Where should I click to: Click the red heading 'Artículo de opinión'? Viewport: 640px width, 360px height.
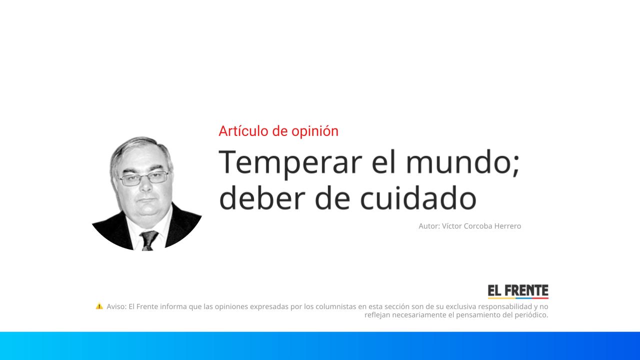[278, 131]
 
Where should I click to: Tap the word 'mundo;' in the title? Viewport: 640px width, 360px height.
[462, 162]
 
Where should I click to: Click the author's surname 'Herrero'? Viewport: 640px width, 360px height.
[507, 226]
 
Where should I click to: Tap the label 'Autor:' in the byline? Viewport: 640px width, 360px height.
[429, 226]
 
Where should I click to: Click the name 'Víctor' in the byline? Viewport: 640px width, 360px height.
[452, 226]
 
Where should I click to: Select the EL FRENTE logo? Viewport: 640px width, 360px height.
[518, 291]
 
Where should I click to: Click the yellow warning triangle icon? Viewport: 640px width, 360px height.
[99, 306]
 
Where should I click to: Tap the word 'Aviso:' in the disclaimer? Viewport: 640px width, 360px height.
[116, 306]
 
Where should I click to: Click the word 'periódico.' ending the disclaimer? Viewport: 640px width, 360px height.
[530, 315]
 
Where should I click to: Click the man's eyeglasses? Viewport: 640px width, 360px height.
[143, 178]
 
